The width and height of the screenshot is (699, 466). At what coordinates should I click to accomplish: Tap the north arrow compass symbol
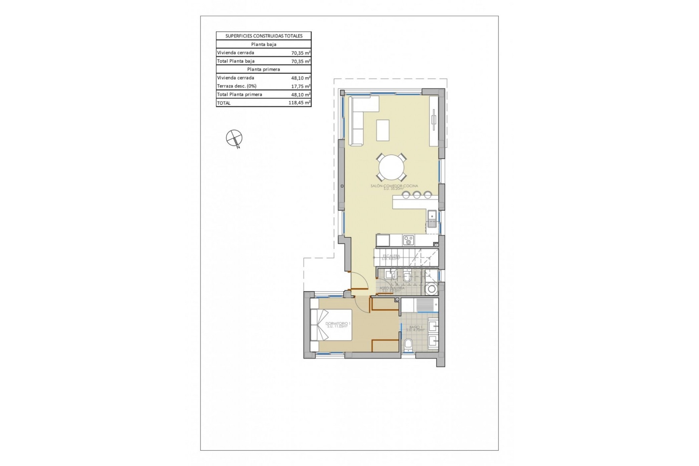pos(233,138)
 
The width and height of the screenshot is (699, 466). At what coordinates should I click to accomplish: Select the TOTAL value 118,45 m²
pos(299,103)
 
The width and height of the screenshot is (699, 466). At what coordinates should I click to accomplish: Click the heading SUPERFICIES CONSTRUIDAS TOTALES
pos(264,36)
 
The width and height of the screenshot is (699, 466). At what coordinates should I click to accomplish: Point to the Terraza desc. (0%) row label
pos(237,86)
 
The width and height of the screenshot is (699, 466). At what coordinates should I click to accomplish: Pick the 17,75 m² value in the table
pos(300,86)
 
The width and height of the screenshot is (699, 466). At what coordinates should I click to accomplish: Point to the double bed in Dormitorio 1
pos(331,325)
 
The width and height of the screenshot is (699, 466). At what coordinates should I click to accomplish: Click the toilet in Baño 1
pos(408,344)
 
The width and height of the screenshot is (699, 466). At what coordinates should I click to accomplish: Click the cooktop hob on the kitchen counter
pos(408,240)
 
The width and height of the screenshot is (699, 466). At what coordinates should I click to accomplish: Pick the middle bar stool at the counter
pos(416,195)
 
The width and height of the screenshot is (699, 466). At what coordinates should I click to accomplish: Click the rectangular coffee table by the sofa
pos(383,130)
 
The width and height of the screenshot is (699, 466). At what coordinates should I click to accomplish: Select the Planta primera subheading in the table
pos(264,69)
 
